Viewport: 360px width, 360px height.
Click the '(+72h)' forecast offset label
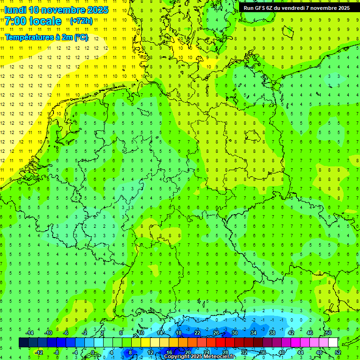[81, 21]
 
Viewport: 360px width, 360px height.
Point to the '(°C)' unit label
[81, 37]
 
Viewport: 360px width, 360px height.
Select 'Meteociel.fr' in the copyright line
[219, 357]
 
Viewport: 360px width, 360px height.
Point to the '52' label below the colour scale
[337, 352]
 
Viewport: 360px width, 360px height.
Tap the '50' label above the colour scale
[328, 333]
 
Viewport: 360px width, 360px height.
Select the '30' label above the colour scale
[234, 333]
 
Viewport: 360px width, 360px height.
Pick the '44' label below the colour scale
[300, 352]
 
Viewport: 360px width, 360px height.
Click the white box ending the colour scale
[333, 343]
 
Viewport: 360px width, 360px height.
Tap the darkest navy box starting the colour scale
[23, 343]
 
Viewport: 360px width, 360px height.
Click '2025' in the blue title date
[97, 9]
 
